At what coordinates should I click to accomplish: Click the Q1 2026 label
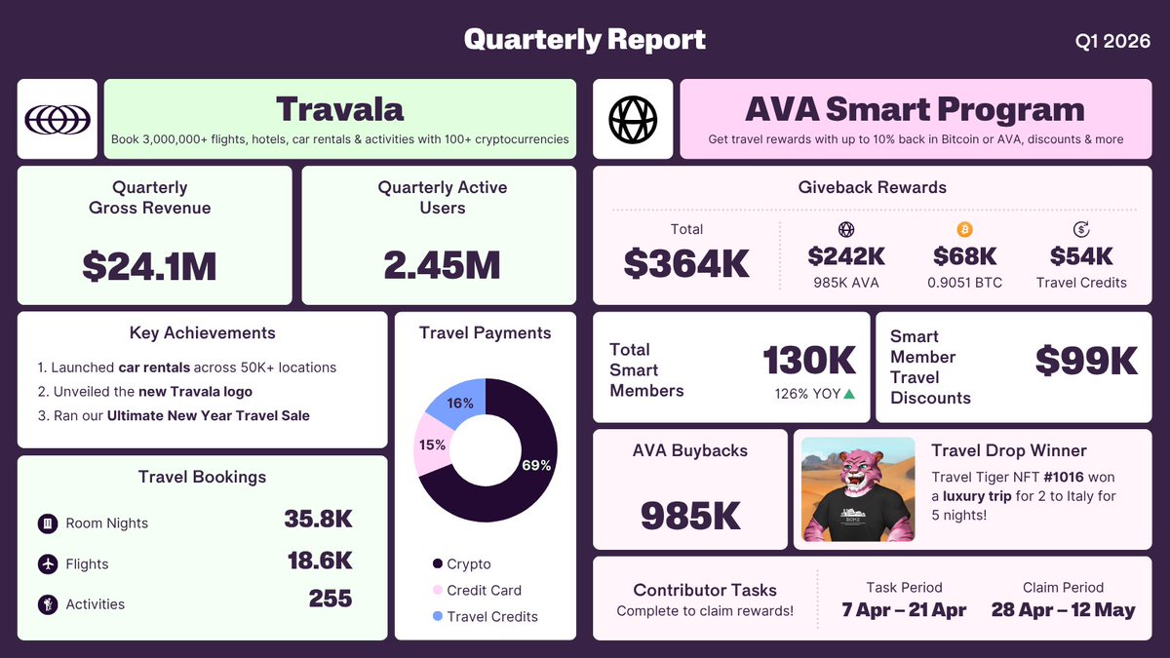[1111, 41]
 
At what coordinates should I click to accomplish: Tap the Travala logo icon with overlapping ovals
[58, 119]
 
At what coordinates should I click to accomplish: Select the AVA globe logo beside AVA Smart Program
[633, 119]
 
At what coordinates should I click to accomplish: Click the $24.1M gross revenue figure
[149, 266]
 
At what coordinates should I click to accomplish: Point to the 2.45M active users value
[443, 266]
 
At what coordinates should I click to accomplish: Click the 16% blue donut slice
[458, 401]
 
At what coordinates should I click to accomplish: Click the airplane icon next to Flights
[47, 563]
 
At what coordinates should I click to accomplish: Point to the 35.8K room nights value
[318, 520]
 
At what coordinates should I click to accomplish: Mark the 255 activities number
[330, 598]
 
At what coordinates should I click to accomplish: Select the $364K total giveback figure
[686, 263]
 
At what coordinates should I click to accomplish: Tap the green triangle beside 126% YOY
[849, 394]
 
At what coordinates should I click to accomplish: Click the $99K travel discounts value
[1086, 361]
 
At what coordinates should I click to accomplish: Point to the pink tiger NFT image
[858, 489]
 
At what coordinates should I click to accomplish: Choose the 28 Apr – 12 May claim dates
[1063, 610]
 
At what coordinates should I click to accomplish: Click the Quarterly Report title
[585, 40]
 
